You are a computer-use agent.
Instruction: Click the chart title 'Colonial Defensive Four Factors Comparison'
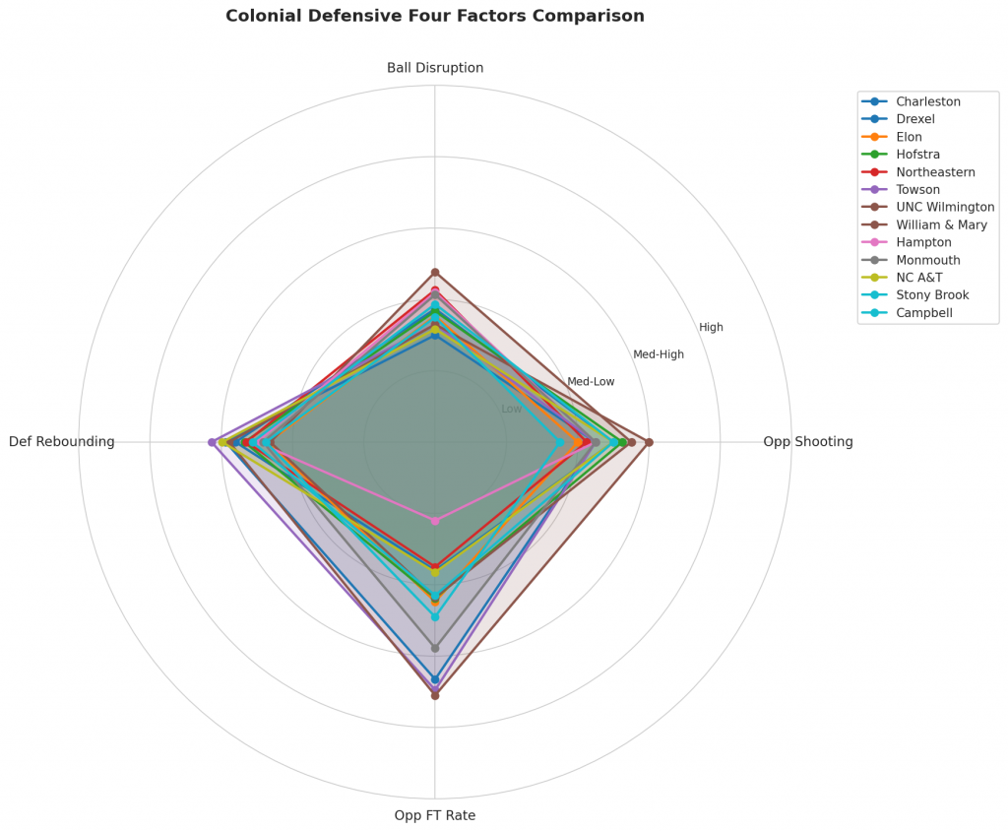point(435,16)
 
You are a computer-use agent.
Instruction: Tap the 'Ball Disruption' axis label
point(435,68)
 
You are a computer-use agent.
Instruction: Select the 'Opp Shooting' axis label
point(807,442)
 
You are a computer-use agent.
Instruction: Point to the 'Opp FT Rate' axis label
point(435,815)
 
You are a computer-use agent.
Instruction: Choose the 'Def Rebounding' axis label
point(62,442)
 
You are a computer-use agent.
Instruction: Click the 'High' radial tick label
point(711,327)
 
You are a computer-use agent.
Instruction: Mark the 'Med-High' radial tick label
point(658,354)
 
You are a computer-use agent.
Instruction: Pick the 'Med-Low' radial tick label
point(591,381)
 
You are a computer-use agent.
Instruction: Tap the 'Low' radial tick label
point(512,409)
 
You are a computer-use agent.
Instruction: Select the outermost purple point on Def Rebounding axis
point(212,442)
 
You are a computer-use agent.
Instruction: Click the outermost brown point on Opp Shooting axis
point(649,442)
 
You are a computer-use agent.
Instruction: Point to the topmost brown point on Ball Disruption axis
point(435,272)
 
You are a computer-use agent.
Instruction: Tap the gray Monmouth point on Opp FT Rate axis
point(435,649)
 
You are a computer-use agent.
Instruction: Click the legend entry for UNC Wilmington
point(945,208)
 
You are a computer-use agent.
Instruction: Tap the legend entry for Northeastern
point(935,172)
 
